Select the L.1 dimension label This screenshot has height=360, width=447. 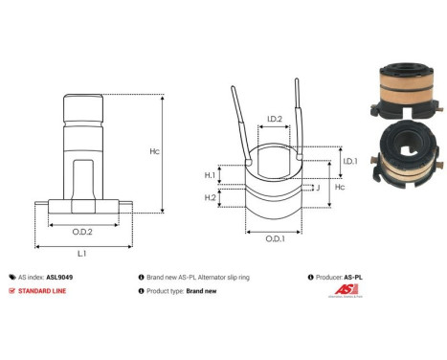82,253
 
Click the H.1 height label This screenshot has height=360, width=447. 210,175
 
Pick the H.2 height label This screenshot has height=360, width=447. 210,197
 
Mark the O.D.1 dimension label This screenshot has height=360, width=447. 274,239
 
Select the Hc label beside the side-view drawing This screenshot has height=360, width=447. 180,152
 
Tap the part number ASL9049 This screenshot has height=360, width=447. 59,274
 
